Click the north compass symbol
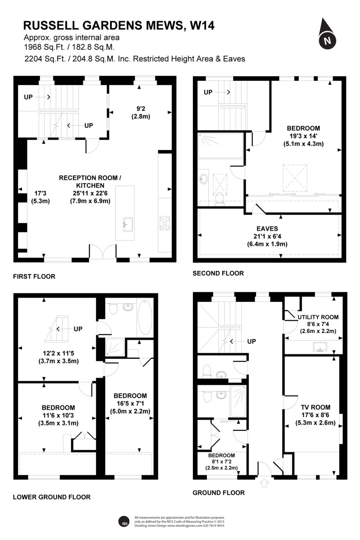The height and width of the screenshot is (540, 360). [327, 34]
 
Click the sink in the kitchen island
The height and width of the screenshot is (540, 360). [128, 224]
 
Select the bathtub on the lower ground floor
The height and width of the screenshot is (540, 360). [145, 317]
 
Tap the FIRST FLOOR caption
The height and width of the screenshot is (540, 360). [34, 276]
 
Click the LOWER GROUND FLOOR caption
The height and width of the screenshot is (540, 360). [52, 497]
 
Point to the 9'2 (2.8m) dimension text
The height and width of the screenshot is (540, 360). [141, 113]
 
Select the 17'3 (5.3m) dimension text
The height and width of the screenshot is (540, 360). [40, 197]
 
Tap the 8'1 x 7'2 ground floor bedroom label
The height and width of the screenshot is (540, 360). [221, 462]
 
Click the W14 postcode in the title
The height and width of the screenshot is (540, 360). [202, 25]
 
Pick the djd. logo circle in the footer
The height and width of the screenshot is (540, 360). [124, 522]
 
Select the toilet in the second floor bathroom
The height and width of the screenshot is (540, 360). [219, 199]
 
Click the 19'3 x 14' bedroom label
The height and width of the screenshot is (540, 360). [303, 136]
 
